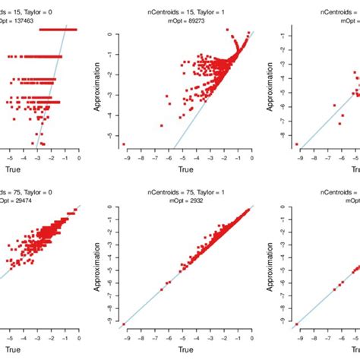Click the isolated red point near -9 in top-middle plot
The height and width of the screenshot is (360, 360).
click(x=124, y=144)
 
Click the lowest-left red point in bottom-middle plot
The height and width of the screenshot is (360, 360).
click(x=124, y=324)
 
